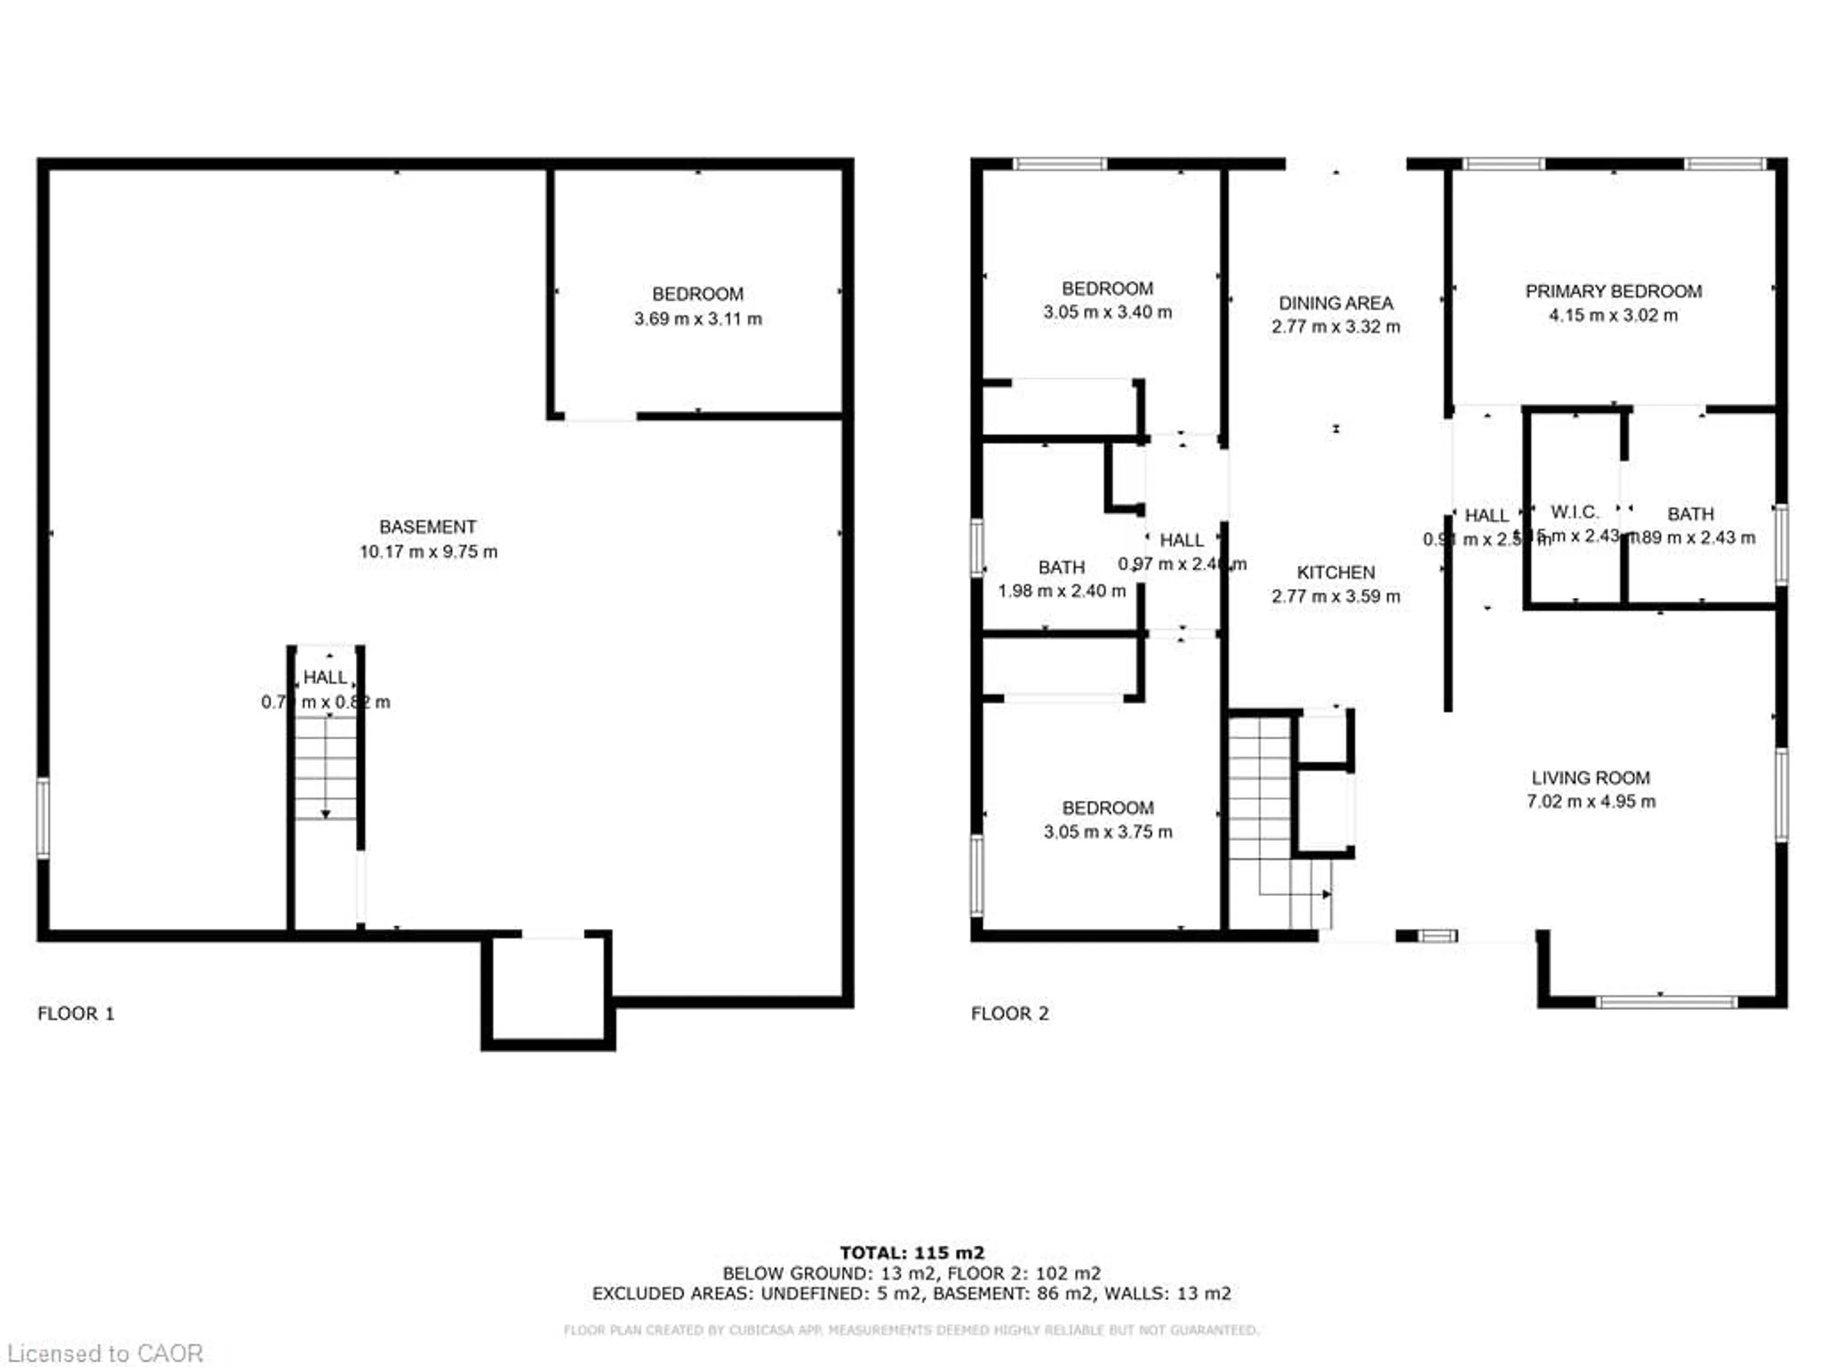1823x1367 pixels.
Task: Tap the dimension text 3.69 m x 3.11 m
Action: pyautogui.click(x=697, y=319)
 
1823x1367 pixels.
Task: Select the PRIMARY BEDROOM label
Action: pyautogui.click(x=1613, y=292)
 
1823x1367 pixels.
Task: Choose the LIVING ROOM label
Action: pyautogui.click(x=1590, y=778)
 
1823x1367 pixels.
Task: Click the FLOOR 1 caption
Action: pyautogui.click(x=76, y=1013)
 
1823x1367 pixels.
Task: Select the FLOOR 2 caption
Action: pyautogui.click(x=1010, y=1013)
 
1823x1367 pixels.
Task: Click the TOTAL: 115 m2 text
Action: pyautogui.click(x=911, y=1253)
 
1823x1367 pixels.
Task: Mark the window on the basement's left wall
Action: pyautogui.click(x=43, y=818)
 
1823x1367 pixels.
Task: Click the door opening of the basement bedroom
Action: pyautogui.click(x=600, y=417)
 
